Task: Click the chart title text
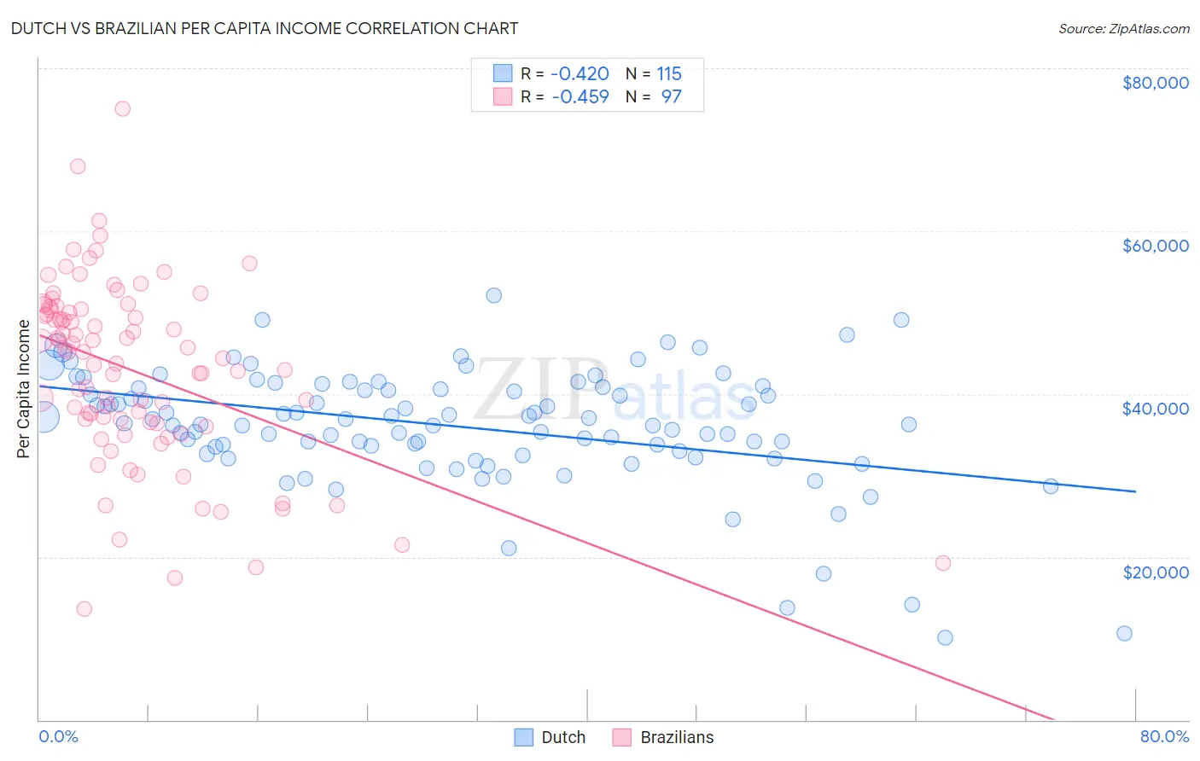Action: coord(264,28)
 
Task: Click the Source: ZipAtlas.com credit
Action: coord(1123,29)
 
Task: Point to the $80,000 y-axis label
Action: coord(1155,83)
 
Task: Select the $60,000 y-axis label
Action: coord(1155,246)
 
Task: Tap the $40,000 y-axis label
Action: coord(1155,409)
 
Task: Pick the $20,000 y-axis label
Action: coord(1155,572)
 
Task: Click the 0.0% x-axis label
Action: coord(58,736)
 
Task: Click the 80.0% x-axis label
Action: coord(1164,736)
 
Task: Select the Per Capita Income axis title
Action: coord(24,389)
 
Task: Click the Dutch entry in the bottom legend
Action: coord(562,737)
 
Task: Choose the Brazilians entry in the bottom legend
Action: coord(676,737)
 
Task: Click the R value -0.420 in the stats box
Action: coord(580,73)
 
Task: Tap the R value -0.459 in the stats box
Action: coord(580,96)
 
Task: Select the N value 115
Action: coord(668,73)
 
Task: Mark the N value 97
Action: coord(671,96)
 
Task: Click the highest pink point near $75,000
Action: coord(122,108)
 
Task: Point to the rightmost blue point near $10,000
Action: coord(1124,633)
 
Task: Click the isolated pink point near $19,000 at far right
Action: coord(943,563)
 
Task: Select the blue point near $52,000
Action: coord(493,295)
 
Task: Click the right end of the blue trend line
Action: coord(1135,491)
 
